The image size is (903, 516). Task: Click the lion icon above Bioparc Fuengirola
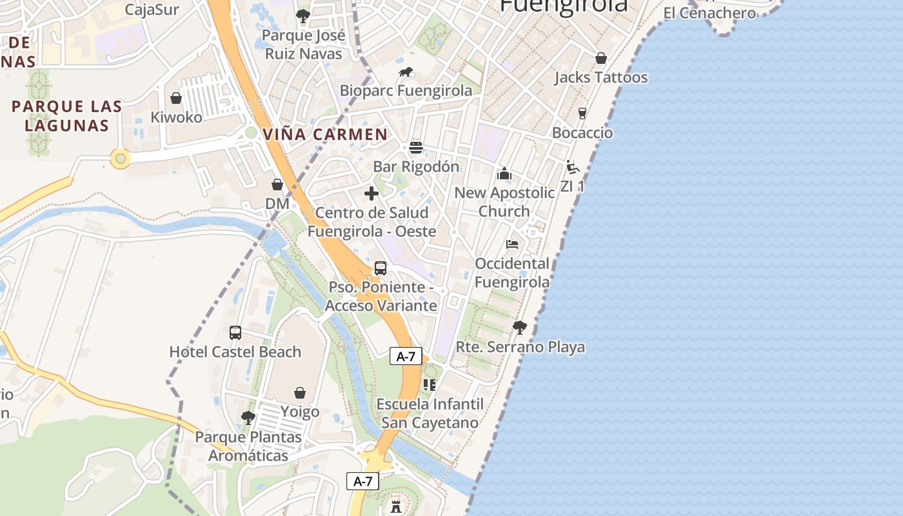406,72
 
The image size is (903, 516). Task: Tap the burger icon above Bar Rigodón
416,148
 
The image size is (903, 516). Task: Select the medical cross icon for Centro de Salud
372,193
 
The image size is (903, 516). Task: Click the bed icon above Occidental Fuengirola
512,244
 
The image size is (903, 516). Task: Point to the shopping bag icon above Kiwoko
176,98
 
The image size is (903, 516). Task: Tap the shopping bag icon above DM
277,185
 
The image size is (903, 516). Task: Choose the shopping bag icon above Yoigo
300,393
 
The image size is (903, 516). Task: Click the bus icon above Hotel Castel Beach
235,333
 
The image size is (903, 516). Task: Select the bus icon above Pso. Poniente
381,268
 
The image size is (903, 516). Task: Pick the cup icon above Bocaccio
582,114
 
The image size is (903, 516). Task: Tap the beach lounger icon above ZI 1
572,167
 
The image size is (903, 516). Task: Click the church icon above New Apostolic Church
504,174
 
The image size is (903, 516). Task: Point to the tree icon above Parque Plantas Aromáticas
248,418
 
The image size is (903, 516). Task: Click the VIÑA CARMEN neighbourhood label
326,135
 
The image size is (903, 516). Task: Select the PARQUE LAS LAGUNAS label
67,115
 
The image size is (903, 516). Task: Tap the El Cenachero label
709,13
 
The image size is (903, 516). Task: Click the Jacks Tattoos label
601,77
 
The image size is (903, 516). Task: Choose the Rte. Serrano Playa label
521,347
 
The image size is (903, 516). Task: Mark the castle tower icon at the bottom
396,506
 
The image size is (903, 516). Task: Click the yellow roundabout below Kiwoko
120,158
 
